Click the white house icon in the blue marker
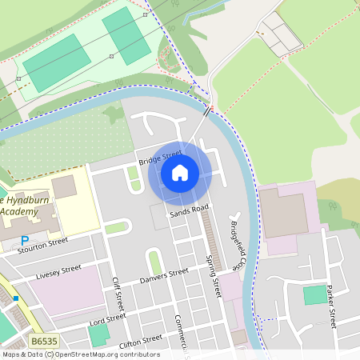(x=180, y=172)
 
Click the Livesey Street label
(x=58, y=272)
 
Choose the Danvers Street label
(x=163, y=276)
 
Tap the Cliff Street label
(x=118, y=294)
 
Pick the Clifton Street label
(x=141, y=342)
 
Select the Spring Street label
(x=213, y=276)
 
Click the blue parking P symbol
(x=25, y=240)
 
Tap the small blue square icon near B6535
(x=15, y=298)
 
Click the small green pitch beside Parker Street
(x=315, y=294)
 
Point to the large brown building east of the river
(x=285, y=214)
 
